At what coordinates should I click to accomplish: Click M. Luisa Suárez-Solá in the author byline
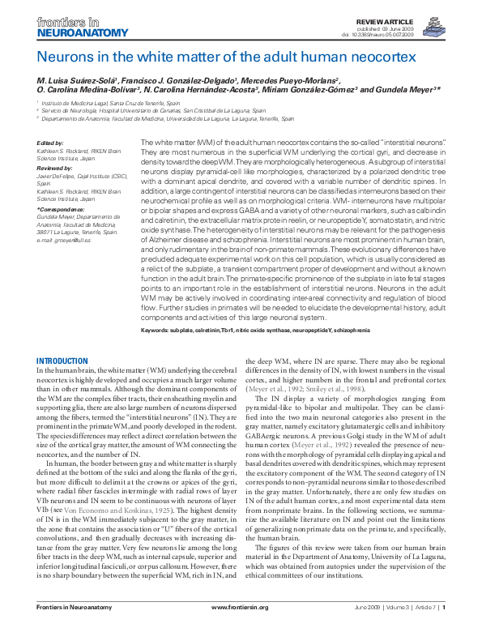[80, 81]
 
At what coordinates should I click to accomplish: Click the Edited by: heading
[50, 143]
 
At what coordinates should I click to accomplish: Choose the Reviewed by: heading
[54, 165]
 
